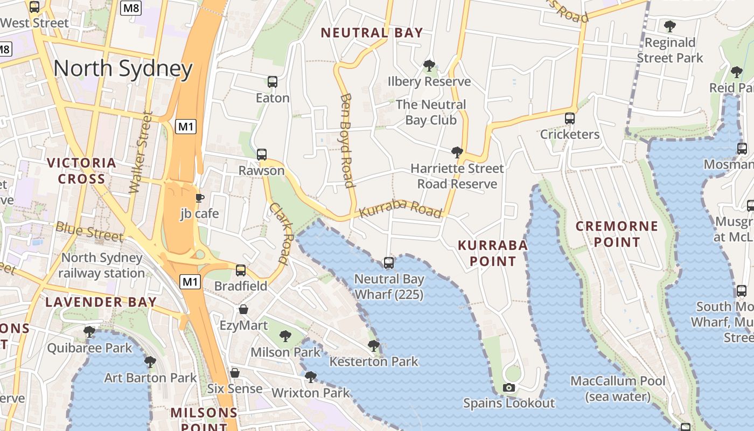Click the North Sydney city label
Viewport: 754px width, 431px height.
click(x=123, y=69)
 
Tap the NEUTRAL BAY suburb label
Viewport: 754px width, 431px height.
click(x=372, y=33)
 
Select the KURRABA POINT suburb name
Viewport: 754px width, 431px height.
click(x=492, y=253)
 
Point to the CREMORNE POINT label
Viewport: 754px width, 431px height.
click(x=617, y=234)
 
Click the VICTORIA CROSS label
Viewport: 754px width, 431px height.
click(x=81, y=171)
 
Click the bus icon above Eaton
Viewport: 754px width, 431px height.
click(x=273, y=82)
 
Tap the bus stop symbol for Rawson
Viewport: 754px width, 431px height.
click(x=262, y=155)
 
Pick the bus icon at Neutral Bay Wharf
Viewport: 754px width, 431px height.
click(x=389, y=263)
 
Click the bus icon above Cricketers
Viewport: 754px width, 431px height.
click(x=570, y=119)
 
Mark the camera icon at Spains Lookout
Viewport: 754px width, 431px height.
click(x=508, y=387)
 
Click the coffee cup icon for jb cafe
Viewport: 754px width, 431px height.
click(x=199, y=198)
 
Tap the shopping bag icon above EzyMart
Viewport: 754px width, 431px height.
click(x=243, y=309)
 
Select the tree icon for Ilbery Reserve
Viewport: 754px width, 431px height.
click(x=429, y=66)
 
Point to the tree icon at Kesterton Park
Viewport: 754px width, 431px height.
click(x=373, y=345)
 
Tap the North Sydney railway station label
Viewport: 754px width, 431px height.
click(x=101, y=265)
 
